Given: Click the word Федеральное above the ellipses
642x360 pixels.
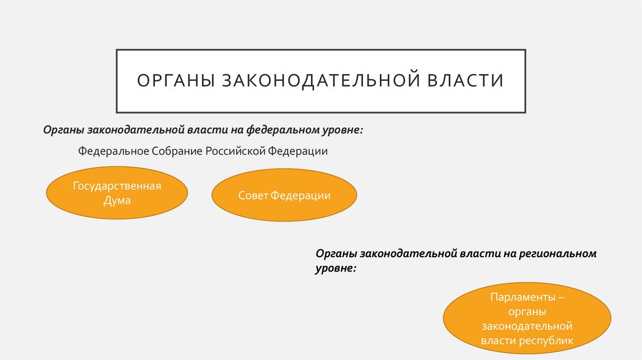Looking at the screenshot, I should [113, 152].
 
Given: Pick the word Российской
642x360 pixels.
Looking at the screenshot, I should [236, 152].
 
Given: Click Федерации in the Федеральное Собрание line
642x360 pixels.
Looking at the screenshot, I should [298, 152].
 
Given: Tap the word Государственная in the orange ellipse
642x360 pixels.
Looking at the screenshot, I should [117, 186].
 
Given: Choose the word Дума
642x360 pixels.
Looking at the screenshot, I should [117, 201].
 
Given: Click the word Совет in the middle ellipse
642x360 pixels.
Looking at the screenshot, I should [253, 196].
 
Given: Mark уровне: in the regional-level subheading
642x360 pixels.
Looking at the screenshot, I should [336, 268].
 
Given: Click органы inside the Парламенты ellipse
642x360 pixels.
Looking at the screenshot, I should [527, 311].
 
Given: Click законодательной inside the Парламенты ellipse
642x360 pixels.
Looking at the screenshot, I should [527, 326].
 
